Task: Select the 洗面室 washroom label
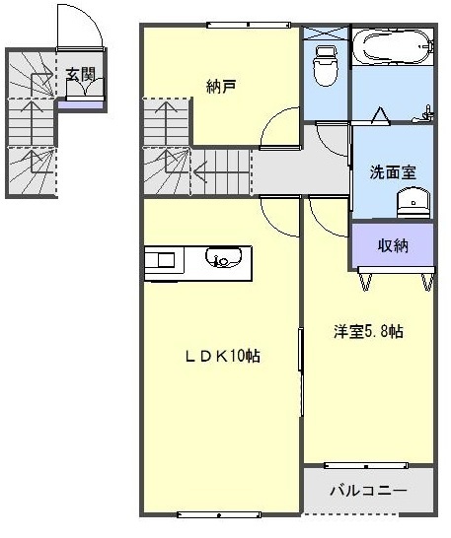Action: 392,170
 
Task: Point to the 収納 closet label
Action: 393,244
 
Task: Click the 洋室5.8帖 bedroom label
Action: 366,332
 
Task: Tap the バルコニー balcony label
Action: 367,489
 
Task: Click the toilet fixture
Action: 324,65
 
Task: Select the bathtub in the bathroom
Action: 393,45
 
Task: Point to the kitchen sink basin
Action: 222,260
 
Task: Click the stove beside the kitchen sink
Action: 162,260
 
